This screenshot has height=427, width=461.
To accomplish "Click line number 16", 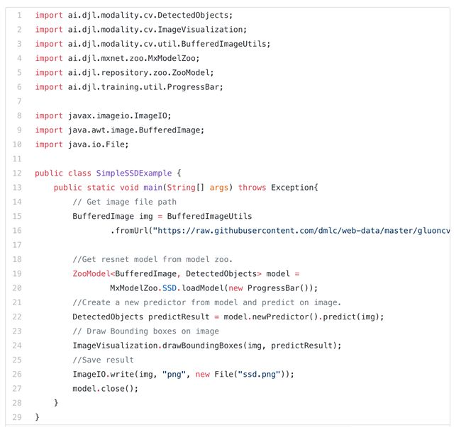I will click(x=17, y=230).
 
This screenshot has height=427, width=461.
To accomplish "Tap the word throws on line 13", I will click(x=252, y=187).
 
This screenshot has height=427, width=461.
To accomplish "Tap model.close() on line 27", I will click(x=106, y=388).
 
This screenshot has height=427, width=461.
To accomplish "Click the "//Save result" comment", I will click(x=102, y=360).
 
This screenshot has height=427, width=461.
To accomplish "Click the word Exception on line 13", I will click(x=294, y=187).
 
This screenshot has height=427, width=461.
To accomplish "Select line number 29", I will click(x=17, y=417).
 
